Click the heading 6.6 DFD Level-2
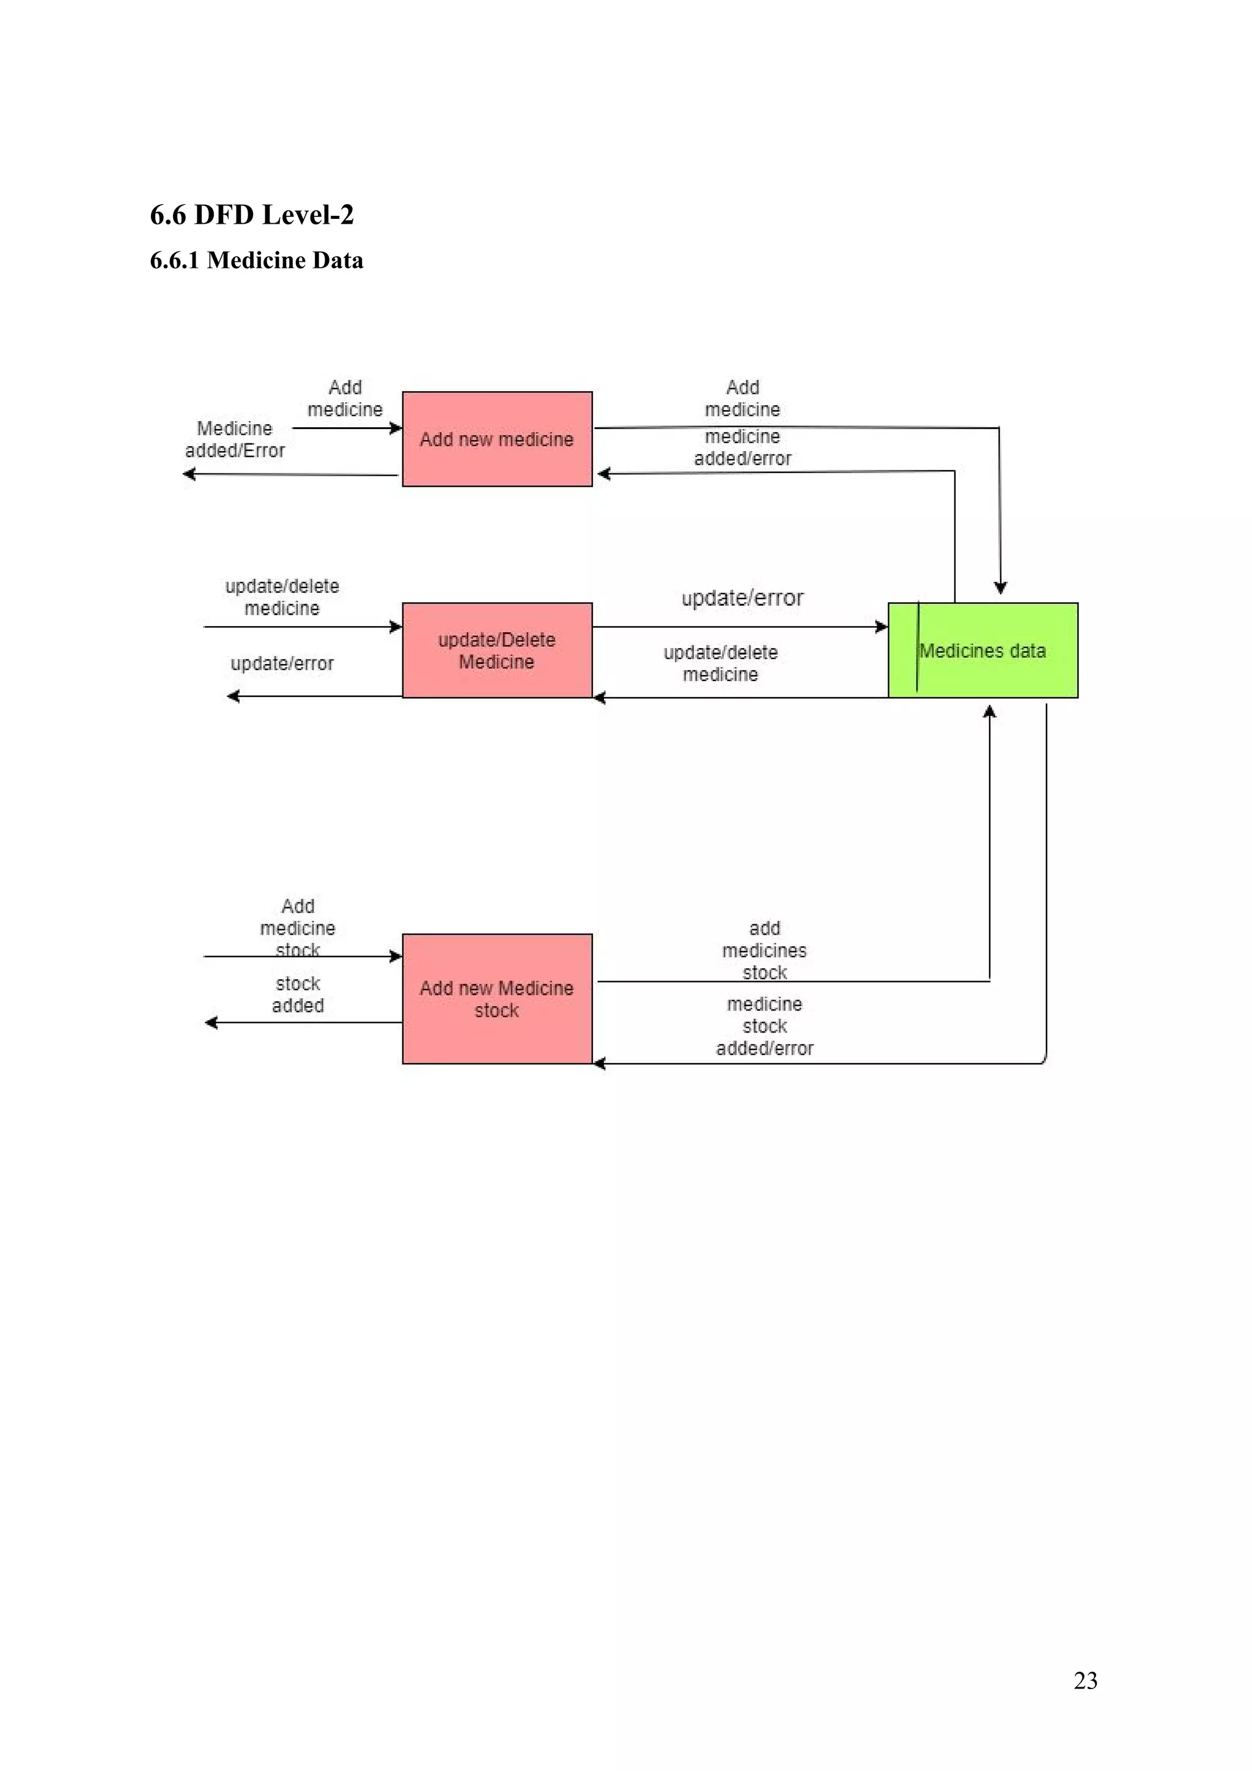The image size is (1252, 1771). (x=251, y=215)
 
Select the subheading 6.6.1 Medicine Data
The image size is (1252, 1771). (x=256, y=260)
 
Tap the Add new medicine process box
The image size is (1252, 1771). (x=497, y=439)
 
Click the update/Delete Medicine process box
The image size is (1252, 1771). (x=497, y=650)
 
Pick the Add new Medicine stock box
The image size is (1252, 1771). (x=497, y=999)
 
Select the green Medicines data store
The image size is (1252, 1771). (x=983, y=650)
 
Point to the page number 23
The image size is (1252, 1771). (x=1084, y=1680)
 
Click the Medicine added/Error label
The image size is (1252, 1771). (x=235, y=439)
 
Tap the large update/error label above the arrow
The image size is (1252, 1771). (x=742, y=598)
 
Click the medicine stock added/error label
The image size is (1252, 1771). (x=765, y=1026)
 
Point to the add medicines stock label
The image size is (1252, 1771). (x=765, y=950)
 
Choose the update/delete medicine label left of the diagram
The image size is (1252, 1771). (x=282, y=597)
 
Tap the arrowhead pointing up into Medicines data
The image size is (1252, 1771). (x=990, y=711)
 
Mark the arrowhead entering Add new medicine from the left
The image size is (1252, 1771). (x=397, y=428)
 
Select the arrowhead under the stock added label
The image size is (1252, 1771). (x=210, y=1023)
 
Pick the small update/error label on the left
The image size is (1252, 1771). (x=282, y=663)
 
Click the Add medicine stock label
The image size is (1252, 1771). (x=298, y=927)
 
